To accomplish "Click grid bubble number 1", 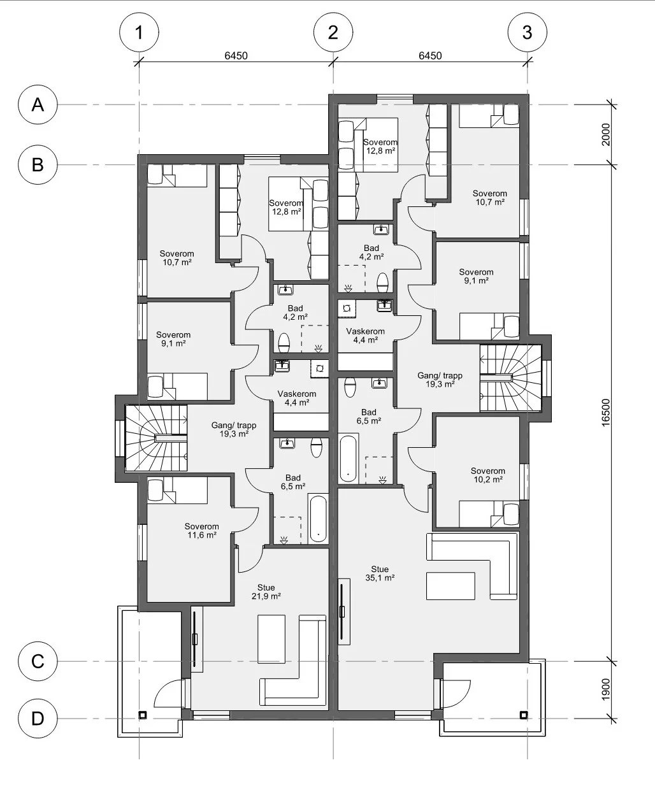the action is click(139, 32).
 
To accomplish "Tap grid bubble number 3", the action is click(528, 32).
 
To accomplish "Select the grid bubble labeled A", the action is click(38, 104).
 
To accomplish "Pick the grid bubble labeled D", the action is click(38, 719).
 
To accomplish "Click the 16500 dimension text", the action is click(605, 413).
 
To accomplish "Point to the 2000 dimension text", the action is click(605, 134).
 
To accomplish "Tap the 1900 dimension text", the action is click(605, 689).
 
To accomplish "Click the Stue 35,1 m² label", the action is click(380, 573).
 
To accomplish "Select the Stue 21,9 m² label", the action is click(266, 591).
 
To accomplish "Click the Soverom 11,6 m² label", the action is click(201, 531).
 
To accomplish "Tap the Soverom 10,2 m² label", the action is click(488, 475).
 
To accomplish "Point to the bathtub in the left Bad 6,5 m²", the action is click(317, 519).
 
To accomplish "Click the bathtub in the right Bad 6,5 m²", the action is click(348, 458).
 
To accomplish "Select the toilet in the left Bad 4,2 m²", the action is click(284, 343).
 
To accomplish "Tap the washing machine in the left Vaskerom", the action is click(319, 369).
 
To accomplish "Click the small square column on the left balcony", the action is click(143, 715).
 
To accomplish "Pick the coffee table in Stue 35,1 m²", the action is click(450, 586).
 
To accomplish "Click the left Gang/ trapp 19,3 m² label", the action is click(234, 429).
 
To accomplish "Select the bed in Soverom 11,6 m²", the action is click(178, 491).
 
